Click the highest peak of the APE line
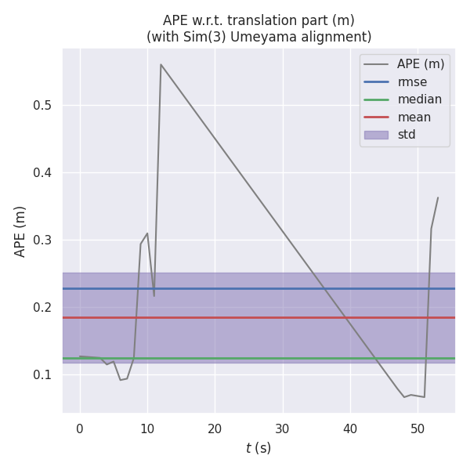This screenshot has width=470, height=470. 161,64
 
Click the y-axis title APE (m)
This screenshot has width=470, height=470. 21,231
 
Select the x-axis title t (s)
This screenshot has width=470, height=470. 258,448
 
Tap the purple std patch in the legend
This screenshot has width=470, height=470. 376,135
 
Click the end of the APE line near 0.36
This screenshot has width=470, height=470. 438,197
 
